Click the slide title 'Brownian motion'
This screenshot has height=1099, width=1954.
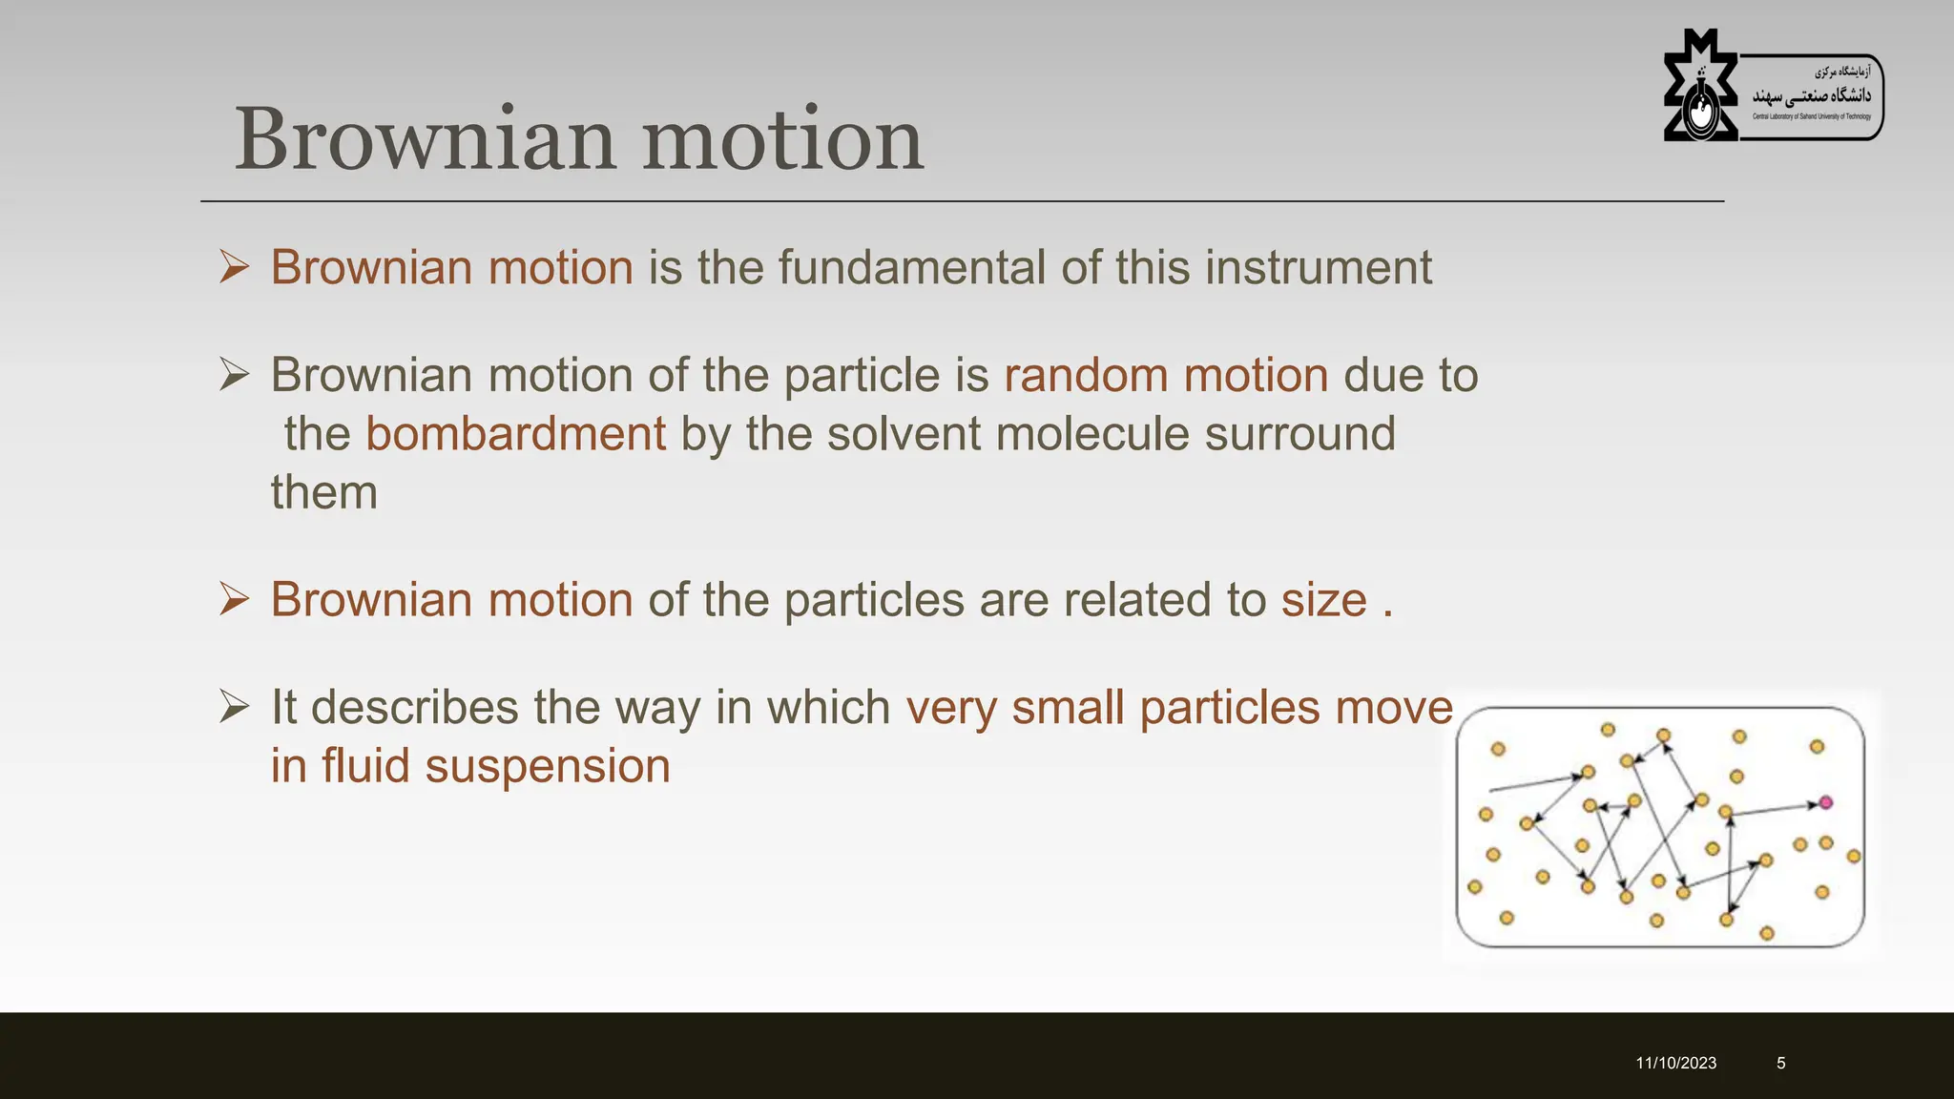click(578, 140)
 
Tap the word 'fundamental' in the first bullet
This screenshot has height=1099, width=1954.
click(911, 267)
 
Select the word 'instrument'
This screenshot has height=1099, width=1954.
click(1318, 267)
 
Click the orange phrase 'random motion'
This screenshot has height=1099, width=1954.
click(1165, 375)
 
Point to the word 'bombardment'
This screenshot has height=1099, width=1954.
click(515, 434)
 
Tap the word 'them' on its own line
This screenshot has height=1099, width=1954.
click(324, 493)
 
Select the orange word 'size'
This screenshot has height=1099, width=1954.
click(1323, 600)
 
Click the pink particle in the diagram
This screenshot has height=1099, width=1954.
click(1825, 802)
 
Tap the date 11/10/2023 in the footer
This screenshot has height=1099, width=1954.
click(1675, 1063)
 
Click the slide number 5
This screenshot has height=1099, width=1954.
click(1780, 1063)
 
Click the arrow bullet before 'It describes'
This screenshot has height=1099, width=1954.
click(234, 707)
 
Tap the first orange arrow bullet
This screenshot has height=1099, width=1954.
click(234, 267)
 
